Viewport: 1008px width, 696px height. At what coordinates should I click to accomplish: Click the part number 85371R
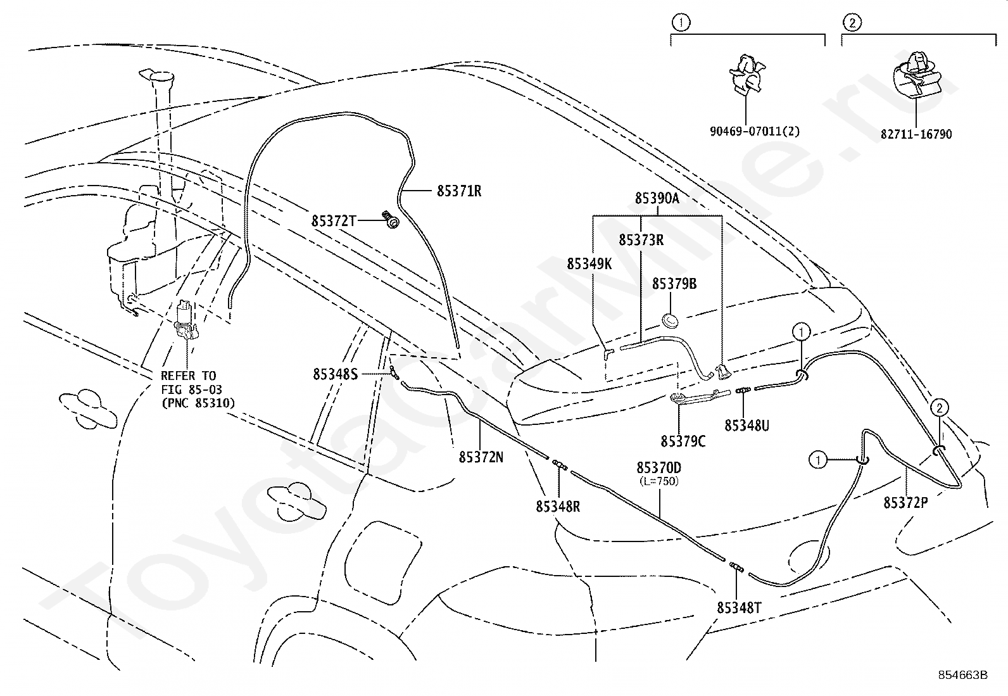459,191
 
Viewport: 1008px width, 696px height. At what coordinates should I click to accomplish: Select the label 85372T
334,221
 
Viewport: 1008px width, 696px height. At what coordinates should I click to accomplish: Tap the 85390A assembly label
657,198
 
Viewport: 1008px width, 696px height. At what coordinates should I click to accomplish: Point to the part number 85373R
641,239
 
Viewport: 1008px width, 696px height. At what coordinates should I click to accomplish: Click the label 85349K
589,264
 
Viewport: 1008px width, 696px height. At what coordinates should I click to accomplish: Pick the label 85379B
674,284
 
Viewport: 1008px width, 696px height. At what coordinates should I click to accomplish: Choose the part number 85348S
335,374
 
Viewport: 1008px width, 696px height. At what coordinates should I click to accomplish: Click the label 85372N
481,457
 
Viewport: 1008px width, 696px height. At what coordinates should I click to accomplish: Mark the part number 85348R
558,507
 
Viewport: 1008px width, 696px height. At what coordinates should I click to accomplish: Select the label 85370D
658,468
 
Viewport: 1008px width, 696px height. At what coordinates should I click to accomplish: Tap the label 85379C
683,441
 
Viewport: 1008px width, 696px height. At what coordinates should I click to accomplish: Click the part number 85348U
747,425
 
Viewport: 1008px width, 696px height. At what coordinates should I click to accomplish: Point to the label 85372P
905,502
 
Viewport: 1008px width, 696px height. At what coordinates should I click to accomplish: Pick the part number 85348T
739,608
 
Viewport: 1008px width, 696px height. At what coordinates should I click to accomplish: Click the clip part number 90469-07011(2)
755,132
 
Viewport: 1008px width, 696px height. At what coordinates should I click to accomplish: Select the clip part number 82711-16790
916,134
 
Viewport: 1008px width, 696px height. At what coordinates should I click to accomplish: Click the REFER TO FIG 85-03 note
198,389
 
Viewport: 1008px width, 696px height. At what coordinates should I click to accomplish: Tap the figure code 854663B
962,675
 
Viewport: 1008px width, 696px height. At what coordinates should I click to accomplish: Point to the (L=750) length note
658,481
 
